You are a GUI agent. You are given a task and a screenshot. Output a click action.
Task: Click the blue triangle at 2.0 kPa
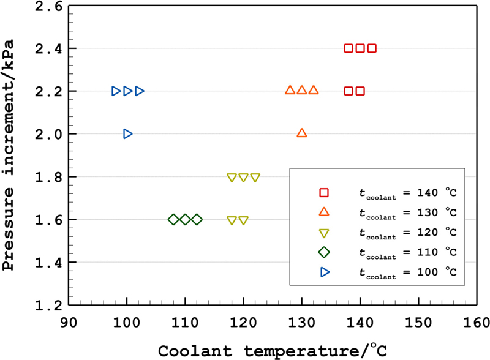tap(127, 133)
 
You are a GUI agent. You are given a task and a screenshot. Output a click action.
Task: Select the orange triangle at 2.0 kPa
tap(301, 133)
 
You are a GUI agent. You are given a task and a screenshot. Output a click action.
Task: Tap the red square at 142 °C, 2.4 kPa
tap(372, 48)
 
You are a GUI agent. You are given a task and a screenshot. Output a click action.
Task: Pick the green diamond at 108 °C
tap(173, 219)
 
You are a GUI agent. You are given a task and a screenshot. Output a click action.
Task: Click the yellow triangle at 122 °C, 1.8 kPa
tap(255, 178)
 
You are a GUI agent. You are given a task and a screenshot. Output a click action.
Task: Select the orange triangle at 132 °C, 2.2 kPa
tap(313, 90)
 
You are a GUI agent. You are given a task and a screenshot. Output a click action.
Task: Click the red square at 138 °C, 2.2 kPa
tap(349, 91)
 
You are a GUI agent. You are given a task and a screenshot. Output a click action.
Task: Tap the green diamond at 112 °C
tap(197, 219)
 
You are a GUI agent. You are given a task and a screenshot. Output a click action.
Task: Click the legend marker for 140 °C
tap(325, 192)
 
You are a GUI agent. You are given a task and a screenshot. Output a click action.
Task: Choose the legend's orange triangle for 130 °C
tap(325, 212)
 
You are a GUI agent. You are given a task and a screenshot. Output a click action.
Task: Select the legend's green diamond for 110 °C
tap(325, 252)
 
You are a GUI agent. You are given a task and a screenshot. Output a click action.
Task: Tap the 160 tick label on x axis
tap(476, 323)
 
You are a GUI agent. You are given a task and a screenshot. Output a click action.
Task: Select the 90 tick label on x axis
tap(69, 323)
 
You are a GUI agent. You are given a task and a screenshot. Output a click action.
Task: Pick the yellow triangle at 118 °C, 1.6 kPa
tap(232, 221)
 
